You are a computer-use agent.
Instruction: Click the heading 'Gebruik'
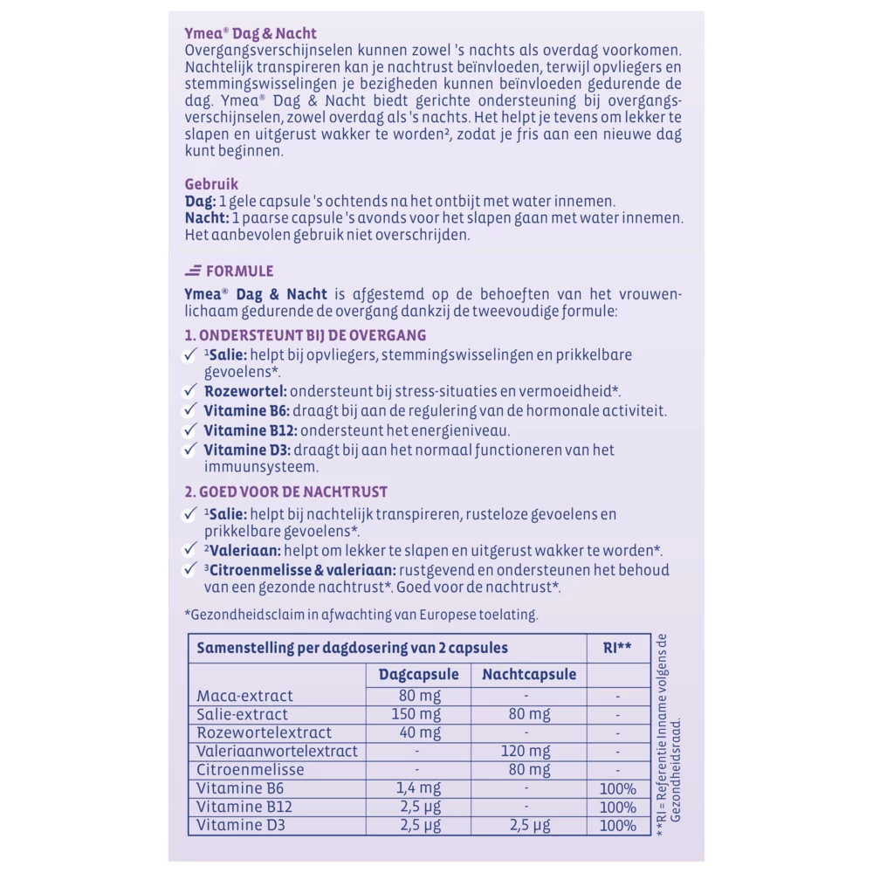(x=211, y=184)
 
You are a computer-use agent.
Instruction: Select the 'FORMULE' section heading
(x=239, y=271)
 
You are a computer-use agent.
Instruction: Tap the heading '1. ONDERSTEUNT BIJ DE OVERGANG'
(x=305, y=335)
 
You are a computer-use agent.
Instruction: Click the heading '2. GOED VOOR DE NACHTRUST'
(x=286, y=492)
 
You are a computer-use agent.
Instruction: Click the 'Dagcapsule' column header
(x=418, y=674)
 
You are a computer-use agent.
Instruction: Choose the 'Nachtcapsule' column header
(x=529, y=674)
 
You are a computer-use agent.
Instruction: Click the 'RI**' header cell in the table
(x=617, y=648)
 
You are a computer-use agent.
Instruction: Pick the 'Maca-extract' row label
(x=244, y=697)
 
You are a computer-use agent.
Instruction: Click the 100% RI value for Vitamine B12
(x=617, y=807)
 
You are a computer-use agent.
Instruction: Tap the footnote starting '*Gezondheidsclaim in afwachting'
(x=361, y=615)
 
